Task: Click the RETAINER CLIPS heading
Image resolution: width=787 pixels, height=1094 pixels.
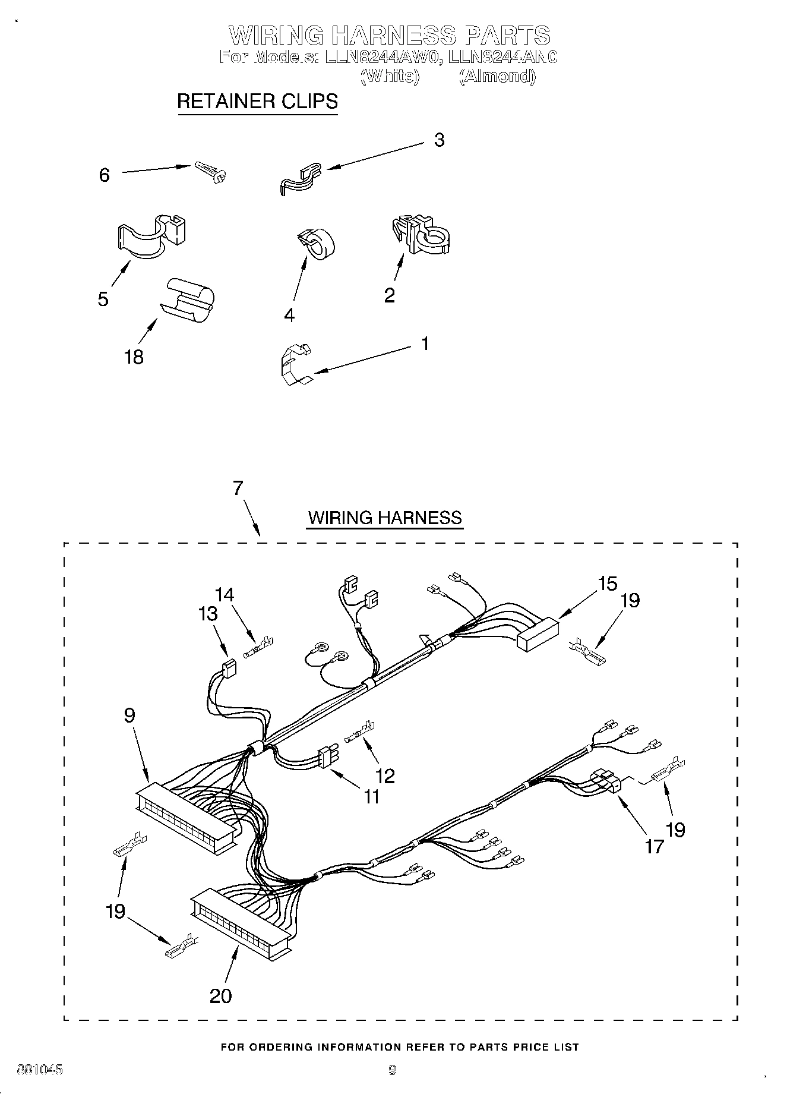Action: pyautogui.click(x=257, y=101)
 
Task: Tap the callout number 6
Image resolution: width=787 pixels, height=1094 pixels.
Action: pyautogui.click(x=105, y=175)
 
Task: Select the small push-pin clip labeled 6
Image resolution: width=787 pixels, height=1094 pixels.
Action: pyautogui.click(x=211, y=172)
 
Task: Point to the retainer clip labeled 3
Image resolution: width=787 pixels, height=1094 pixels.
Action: pyautogui.click(x=299, y=178)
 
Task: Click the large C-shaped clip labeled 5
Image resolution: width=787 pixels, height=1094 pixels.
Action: pyautogui.click(x=151, y=237)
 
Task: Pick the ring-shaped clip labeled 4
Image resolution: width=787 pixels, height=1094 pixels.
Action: pyautogui.click(x=316, y=244)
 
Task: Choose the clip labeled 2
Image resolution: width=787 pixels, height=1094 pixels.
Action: pyautogui.click(x=421, y=235)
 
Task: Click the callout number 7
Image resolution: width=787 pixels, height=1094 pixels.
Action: pyautogui.click(x=238, y=488)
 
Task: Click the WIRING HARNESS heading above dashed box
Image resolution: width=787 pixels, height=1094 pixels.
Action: pyautogui.click(x=384, y=518)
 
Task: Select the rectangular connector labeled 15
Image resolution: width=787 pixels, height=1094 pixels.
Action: pyautogui.click(x=538, y=633)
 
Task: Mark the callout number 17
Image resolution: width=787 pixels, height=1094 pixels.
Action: pyautogui.click(x=654, y=846)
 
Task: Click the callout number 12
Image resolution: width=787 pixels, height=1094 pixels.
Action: pyautogui.click(x=385, y=775)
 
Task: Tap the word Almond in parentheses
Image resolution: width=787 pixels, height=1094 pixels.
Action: pyautogui.click(x=498, y=76)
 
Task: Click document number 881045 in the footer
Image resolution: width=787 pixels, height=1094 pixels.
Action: pyautogui.click(x=40, y=1070)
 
